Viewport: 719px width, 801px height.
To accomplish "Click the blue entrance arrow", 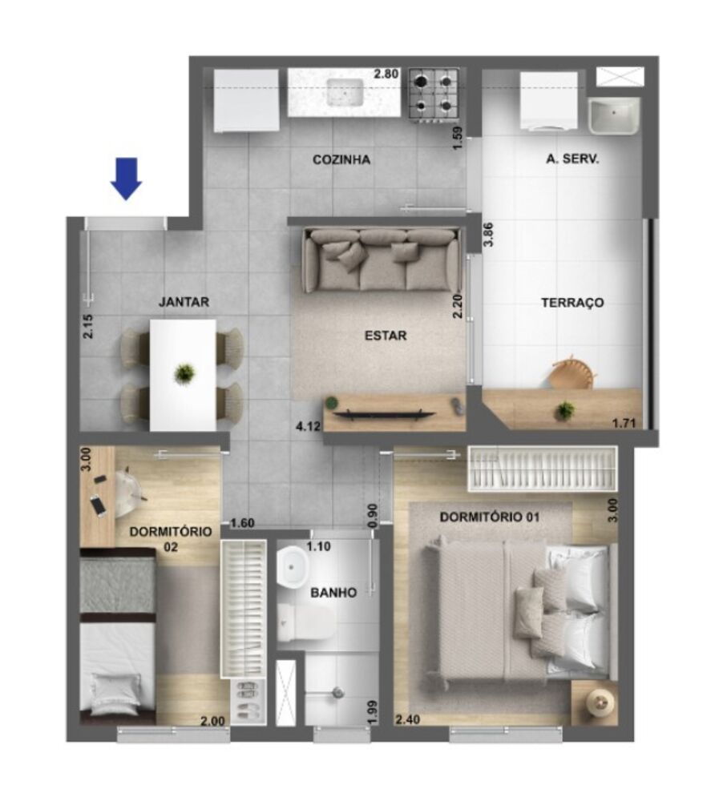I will tap(126, 177).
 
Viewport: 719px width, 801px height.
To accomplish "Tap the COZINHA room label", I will tap(341, 159).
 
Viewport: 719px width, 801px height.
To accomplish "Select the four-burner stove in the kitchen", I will tap(434, 93).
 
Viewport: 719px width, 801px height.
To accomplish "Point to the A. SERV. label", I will tap(572, 159).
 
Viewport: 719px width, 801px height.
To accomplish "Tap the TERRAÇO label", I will tap(572, 303).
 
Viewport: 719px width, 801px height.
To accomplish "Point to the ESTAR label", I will tap(386, 336).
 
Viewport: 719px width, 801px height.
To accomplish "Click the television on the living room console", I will tap(384, 414).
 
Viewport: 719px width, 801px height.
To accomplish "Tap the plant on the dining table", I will tap(184, 373).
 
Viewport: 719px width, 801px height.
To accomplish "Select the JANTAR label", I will tap(184, 302).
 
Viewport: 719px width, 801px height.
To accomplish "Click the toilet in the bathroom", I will tap(308, 623).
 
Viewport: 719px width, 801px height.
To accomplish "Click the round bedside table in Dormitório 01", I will tap(600, 702).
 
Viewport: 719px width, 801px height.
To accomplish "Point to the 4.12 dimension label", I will tap(308, 426).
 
